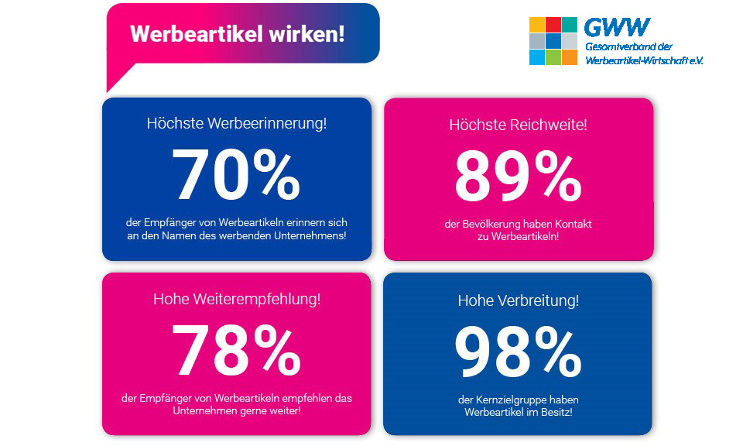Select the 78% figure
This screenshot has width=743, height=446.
click(x=236, y=350)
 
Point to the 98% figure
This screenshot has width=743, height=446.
click(x=518, y=352)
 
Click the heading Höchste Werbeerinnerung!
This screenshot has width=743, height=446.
click(x=237, y=123)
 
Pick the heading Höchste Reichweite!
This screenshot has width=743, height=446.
click(x=518, y=124)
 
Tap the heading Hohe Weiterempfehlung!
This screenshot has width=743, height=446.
click(x=237, y=298)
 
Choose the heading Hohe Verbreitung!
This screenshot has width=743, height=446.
click(x=518, y=300)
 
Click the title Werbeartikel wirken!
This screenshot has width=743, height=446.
click(x=237, y=35)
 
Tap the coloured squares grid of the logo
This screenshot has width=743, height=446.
click(x=553, y=41)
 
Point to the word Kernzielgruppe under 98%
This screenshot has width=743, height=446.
click(x=511, y=400)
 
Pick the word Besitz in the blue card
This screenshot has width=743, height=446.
click(x=555, y=412)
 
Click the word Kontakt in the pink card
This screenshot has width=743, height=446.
click(x=574, y=224)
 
